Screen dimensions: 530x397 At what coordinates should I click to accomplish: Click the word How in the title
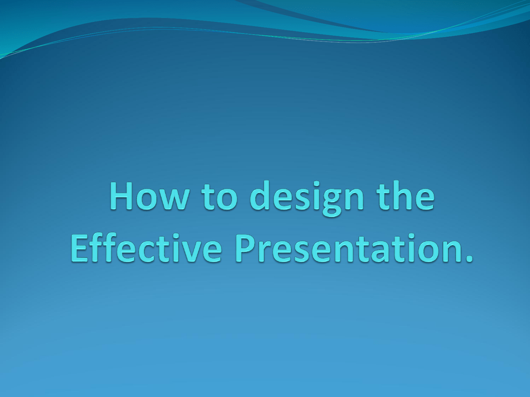(x=150, y=196)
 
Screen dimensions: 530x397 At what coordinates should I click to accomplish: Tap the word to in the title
(x=219, y=197)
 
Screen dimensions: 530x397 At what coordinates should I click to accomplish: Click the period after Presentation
(x=469, y=258)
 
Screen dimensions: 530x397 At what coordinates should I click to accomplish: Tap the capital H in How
(x=122, y=196)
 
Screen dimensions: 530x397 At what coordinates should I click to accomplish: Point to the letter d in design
(x=260, y=195)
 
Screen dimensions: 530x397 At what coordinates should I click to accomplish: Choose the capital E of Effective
(x=80, y=248)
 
